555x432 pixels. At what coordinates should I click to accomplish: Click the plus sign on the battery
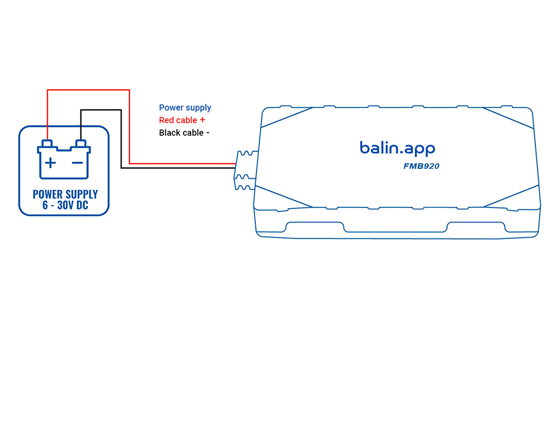coord(50,162)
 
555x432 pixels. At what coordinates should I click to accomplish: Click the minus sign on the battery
coord(78,162)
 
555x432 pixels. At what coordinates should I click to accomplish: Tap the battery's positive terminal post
coord(48,144)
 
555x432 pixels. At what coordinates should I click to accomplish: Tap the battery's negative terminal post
coord(81,144)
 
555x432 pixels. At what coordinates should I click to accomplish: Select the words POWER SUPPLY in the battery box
coord(65,194)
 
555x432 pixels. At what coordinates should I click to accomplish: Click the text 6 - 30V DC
coord(65,206)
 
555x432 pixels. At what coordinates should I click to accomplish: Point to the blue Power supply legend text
coord(185,107)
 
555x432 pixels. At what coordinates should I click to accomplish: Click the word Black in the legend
coord(169,133)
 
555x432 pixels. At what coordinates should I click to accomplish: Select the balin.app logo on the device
coord(397,148)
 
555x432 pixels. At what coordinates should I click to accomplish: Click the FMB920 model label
coord(421,166)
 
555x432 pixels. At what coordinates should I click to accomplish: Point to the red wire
coord(129,126)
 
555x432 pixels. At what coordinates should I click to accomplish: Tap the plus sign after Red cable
coord(203,120)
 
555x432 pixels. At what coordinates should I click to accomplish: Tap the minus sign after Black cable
coord(208,133)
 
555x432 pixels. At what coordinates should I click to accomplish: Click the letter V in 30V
coord(74,206)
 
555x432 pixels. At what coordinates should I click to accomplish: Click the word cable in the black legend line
coord(192,133)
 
